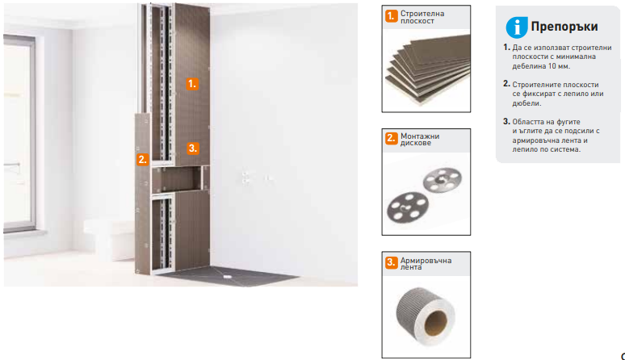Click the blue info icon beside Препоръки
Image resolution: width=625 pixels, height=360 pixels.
[x=517, y=27]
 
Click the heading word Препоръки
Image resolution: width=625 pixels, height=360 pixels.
[x=564, y=27]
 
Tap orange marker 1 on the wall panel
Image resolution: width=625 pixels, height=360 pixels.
[x=192, y=84]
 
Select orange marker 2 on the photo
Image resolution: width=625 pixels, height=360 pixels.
[x=143, y=159]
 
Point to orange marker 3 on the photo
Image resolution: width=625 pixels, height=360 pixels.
[x=192, y=149]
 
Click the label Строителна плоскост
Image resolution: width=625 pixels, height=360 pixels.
[x=422, y=17]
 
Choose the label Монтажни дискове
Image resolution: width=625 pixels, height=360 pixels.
[x=420, y=140]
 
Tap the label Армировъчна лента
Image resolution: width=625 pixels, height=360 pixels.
[x=426, y=264]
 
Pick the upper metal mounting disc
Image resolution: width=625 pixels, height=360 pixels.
[x=442, y=180]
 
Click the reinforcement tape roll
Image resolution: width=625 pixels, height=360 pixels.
[x=426, y=316]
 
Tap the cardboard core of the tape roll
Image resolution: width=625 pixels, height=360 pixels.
[x=435, y=323]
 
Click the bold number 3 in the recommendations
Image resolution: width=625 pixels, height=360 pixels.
[x=506, y=121]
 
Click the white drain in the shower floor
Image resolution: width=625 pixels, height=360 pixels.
[x=228, y=276]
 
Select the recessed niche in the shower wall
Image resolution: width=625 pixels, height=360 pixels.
[x=176, y=179]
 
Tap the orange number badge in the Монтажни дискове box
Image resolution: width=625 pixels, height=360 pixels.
[x=391, y=138]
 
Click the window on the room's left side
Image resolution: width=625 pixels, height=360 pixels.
[x=19, y=133]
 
